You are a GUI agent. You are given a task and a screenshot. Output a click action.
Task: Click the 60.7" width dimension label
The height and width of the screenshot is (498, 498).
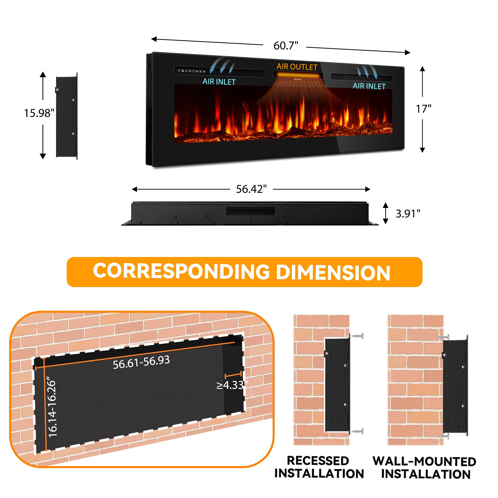(286, 46)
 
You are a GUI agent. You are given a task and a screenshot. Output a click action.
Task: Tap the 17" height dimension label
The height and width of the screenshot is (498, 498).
(423, 109)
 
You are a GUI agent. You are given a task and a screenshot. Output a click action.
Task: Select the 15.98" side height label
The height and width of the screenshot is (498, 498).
(39, 113)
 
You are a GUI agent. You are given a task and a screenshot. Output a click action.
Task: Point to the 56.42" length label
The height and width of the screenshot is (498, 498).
(251, 189)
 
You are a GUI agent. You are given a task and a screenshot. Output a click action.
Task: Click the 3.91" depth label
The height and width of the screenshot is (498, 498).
(408, 214)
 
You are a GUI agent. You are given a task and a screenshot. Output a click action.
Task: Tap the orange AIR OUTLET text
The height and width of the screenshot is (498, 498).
(297, 67)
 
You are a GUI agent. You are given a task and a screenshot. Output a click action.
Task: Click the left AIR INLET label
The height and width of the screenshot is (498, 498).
(219, 82)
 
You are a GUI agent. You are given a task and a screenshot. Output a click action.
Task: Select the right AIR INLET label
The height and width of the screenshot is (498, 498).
(369, 86)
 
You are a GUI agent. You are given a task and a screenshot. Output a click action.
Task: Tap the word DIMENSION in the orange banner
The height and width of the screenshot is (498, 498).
(333, 273)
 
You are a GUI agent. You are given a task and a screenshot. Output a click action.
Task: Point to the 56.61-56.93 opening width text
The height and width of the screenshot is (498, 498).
(141, 362)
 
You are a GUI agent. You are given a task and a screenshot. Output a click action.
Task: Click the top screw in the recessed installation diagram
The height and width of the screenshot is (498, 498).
(358, 336)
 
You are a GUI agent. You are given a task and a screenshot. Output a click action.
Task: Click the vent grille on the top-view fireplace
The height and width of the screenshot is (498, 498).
(250, 211)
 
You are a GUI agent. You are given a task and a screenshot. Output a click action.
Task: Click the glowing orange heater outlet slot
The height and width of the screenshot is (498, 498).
(298, 75)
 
